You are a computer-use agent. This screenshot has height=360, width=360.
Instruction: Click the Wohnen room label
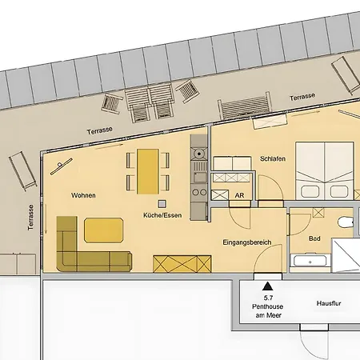tap(84, 195)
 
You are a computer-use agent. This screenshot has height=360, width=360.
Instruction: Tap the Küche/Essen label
tap(161, 215)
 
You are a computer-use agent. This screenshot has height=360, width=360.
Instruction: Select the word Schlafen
tap(273, 159)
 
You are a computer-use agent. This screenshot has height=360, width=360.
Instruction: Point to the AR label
tap(239, 194)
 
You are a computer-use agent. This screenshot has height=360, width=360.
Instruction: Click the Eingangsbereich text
tap(247, 242)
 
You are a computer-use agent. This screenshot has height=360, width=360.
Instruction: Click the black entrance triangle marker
tap(266, 282)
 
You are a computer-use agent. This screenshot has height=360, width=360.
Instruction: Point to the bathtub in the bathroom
tap(309, 259)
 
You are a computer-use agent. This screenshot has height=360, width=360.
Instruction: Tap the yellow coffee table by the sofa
tap(104, 230)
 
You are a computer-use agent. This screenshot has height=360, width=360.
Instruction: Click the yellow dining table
tap(148, 170)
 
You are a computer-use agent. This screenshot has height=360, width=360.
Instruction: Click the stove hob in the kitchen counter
tap(198, 155)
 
